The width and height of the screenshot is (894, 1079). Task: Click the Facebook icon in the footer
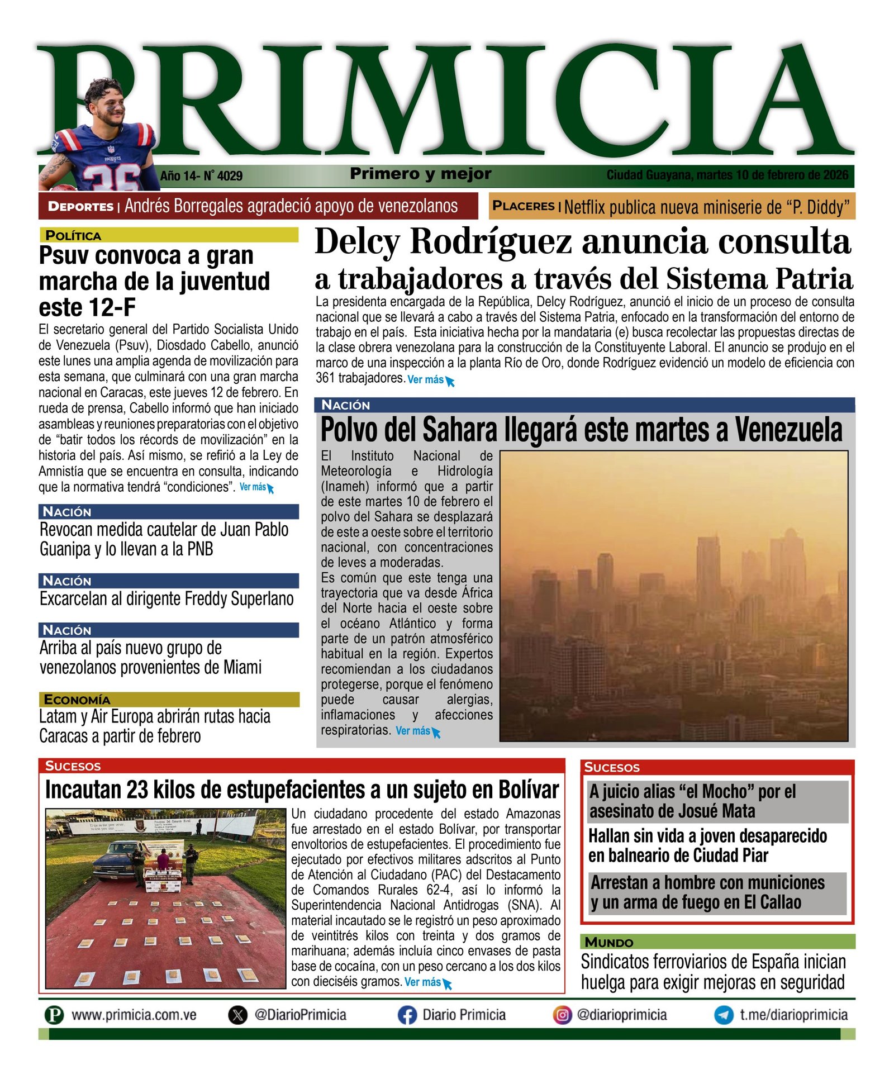pyautogui.click(x=407, y=1015)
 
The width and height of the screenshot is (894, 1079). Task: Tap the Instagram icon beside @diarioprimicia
pyautogui.click(x=562, y=1015)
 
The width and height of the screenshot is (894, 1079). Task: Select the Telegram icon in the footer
pyautogui.click(x=724, y=1015)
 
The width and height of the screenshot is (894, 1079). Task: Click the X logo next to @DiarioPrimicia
pyautogui.click(x=238, y=1015)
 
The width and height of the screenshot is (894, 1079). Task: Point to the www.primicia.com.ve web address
pyautogui.click(x=134, y=1015)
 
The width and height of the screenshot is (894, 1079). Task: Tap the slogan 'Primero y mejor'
pyautogui.click(x=421, y=174)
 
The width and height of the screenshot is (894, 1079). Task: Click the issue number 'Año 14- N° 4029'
pyautogui.click(x=201, y=176)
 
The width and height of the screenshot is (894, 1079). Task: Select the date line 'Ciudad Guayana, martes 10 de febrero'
pyautogui.click(x=727, y=175)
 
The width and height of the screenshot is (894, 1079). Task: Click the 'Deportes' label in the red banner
pyautogui.click(x=80, y=206)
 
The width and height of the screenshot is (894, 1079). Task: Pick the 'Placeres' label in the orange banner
pyautogui.click(x=523, y=206)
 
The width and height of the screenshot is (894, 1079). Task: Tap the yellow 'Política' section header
pyautogui.click(x=73, y=235)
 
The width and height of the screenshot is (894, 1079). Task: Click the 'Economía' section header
pyautogui.click(x=77, y=700)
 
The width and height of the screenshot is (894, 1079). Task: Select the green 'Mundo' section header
pyautogui.click(x=608, y=942)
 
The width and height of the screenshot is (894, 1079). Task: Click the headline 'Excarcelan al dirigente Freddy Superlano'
pyautogui.click(x=167, y=599)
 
